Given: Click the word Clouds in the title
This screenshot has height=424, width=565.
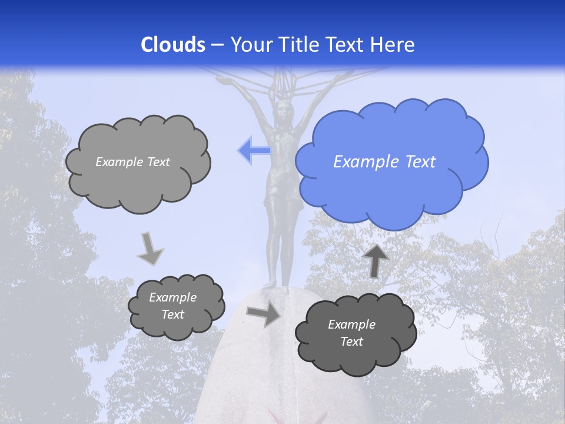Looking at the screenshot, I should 173,45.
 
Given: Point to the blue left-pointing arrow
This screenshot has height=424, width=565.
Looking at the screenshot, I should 254,151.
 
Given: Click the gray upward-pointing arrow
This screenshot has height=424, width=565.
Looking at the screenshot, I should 377,260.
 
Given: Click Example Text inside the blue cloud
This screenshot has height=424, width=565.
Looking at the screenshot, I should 384,162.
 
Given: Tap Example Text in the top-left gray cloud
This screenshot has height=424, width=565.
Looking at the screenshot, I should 132,162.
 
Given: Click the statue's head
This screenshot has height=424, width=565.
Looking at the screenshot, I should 285,110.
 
